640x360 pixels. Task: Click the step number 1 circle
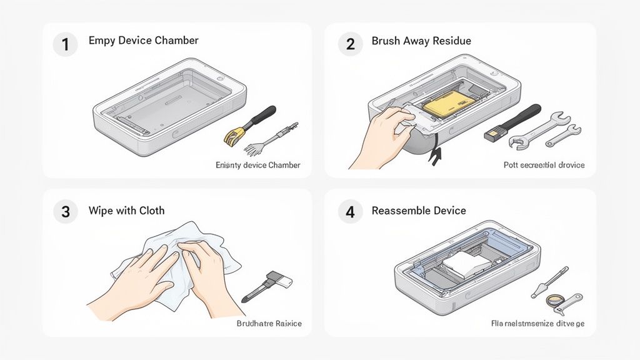pos(65,44)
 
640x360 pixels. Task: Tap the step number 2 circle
pos(350,44)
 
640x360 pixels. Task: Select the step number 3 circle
pos(65,211)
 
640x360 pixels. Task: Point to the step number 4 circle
pos(350,211)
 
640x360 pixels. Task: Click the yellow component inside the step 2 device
pos(445,107)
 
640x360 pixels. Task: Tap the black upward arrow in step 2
pos(432,155)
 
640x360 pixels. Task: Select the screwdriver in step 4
pos(550,281)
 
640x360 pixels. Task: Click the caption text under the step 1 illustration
pos(257,165)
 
